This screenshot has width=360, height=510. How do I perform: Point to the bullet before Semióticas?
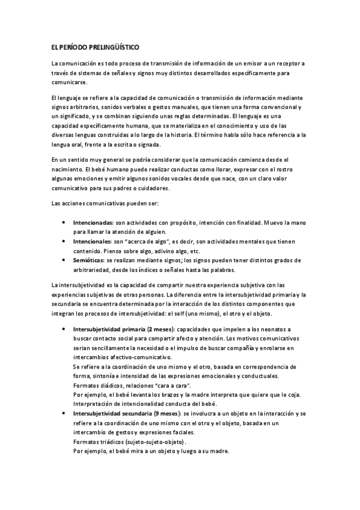[65, 260]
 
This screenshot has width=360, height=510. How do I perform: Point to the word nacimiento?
[69, 170]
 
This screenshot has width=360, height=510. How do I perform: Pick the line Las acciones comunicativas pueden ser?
[98, 203]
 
